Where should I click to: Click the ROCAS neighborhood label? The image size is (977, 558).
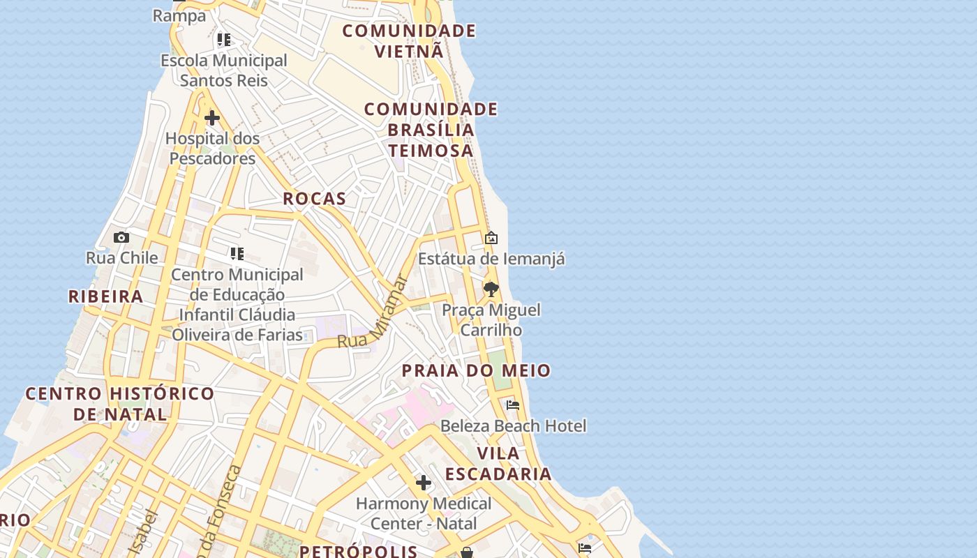(x=314, y=199)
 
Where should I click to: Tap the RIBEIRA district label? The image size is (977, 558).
(x=105, y=296)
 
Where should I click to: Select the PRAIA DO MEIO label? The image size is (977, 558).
(x=476, y=370)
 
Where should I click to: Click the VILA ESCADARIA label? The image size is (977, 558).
(x=498, y=464)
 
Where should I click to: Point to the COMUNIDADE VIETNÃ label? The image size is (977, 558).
(x=409, y=40)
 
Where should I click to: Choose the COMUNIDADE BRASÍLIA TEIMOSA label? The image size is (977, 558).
(x=431, y=130)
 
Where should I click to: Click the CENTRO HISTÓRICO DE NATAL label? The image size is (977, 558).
(x=120, y=404)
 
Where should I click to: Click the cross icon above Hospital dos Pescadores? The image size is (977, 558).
(x=212, y=118)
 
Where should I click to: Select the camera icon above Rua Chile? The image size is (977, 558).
(x=121, y=238)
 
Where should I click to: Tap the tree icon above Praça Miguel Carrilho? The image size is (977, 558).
(x=491, y=289)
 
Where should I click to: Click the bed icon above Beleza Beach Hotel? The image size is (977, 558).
(x=513, y=405)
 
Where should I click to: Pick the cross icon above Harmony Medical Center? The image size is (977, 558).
(x=423, y=483)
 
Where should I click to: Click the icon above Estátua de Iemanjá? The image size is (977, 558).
(x=491, y=239)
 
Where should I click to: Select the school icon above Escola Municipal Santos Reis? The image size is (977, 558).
(x=223, y=40)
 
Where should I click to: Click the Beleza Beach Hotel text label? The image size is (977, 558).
(x=513, y=425)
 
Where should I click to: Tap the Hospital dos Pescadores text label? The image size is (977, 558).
(x=212, y=149)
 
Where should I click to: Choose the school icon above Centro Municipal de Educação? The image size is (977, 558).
(x=237, y=254)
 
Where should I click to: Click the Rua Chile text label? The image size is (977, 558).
(x=121, y=257)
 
